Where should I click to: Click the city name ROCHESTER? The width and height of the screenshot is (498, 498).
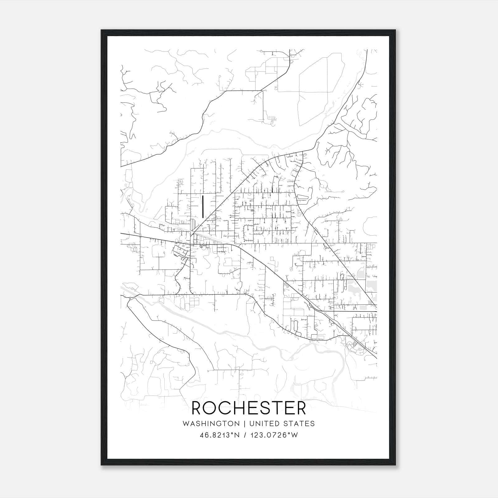click(249, 408)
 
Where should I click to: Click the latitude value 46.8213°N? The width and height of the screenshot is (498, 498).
click(220, 435)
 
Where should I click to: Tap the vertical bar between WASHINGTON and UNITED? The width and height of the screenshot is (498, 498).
click(245, 424)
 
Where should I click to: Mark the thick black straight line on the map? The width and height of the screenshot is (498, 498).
click(203, 206)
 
